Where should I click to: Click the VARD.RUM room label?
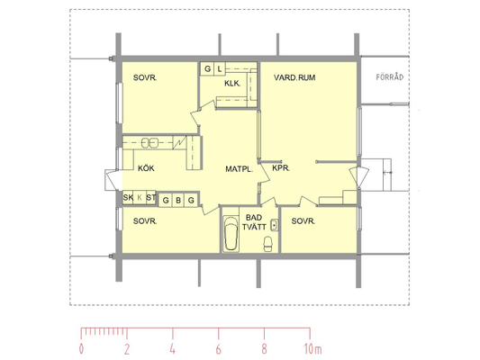coord(294,77)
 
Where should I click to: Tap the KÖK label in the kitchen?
coord(146,168)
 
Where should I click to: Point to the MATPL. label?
coord(239,169)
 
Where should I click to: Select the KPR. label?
coord(281,168)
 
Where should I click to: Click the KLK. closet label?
coord(232,83)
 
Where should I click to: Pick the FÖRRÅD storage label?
coord(390,76)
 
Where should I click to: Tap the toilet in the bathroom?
coord(267,244)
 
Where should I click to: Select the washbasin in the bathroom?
coord(275,225)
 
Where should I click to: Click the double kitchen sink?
coord(149,142)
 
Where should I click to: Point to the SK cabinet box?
coord(128,198)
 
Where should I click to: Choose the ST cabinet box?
coord(150,198)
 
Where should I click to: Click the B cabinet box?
coord(178,201)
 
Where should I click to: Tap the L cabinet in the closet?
coord(219,68)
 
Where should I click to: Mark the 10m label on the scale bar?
coord(312,349)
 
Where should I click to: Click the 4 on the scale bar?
coord(173,349)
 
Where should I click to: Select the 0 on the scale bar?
coord(81,349)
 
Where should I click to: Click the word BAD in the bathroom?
coord(254,218)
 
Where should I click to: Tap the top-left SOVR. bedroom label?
coord(145,77)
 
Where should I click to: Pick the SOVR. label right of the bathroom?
coord(303,220)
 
